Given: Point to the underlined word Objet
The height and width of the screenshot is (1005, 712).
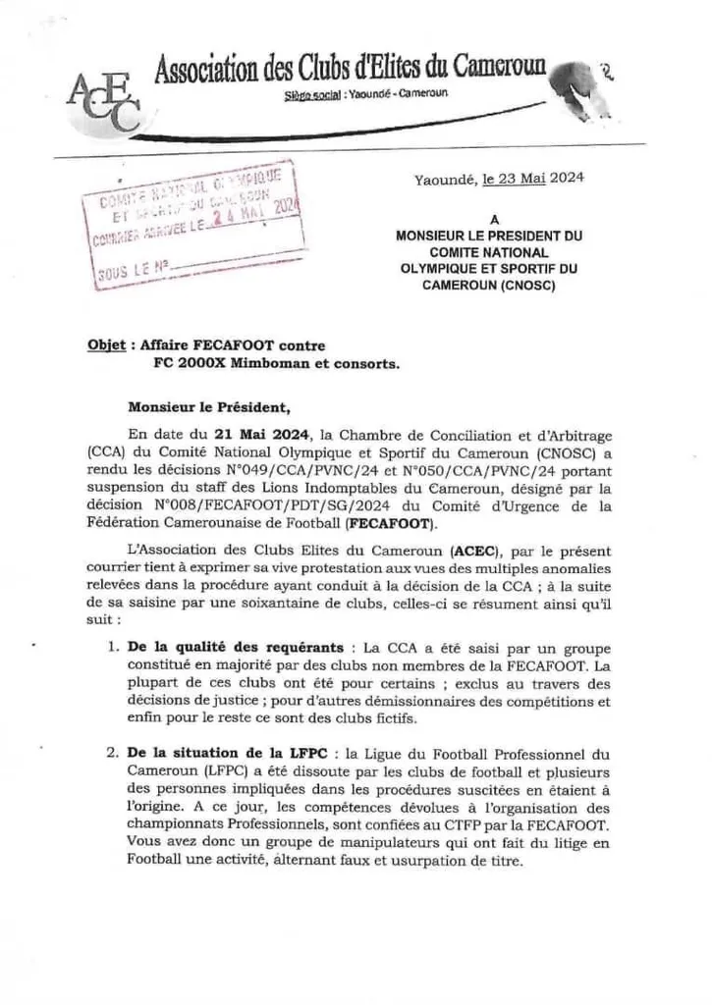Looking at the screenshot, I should [x=105, y=346].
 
